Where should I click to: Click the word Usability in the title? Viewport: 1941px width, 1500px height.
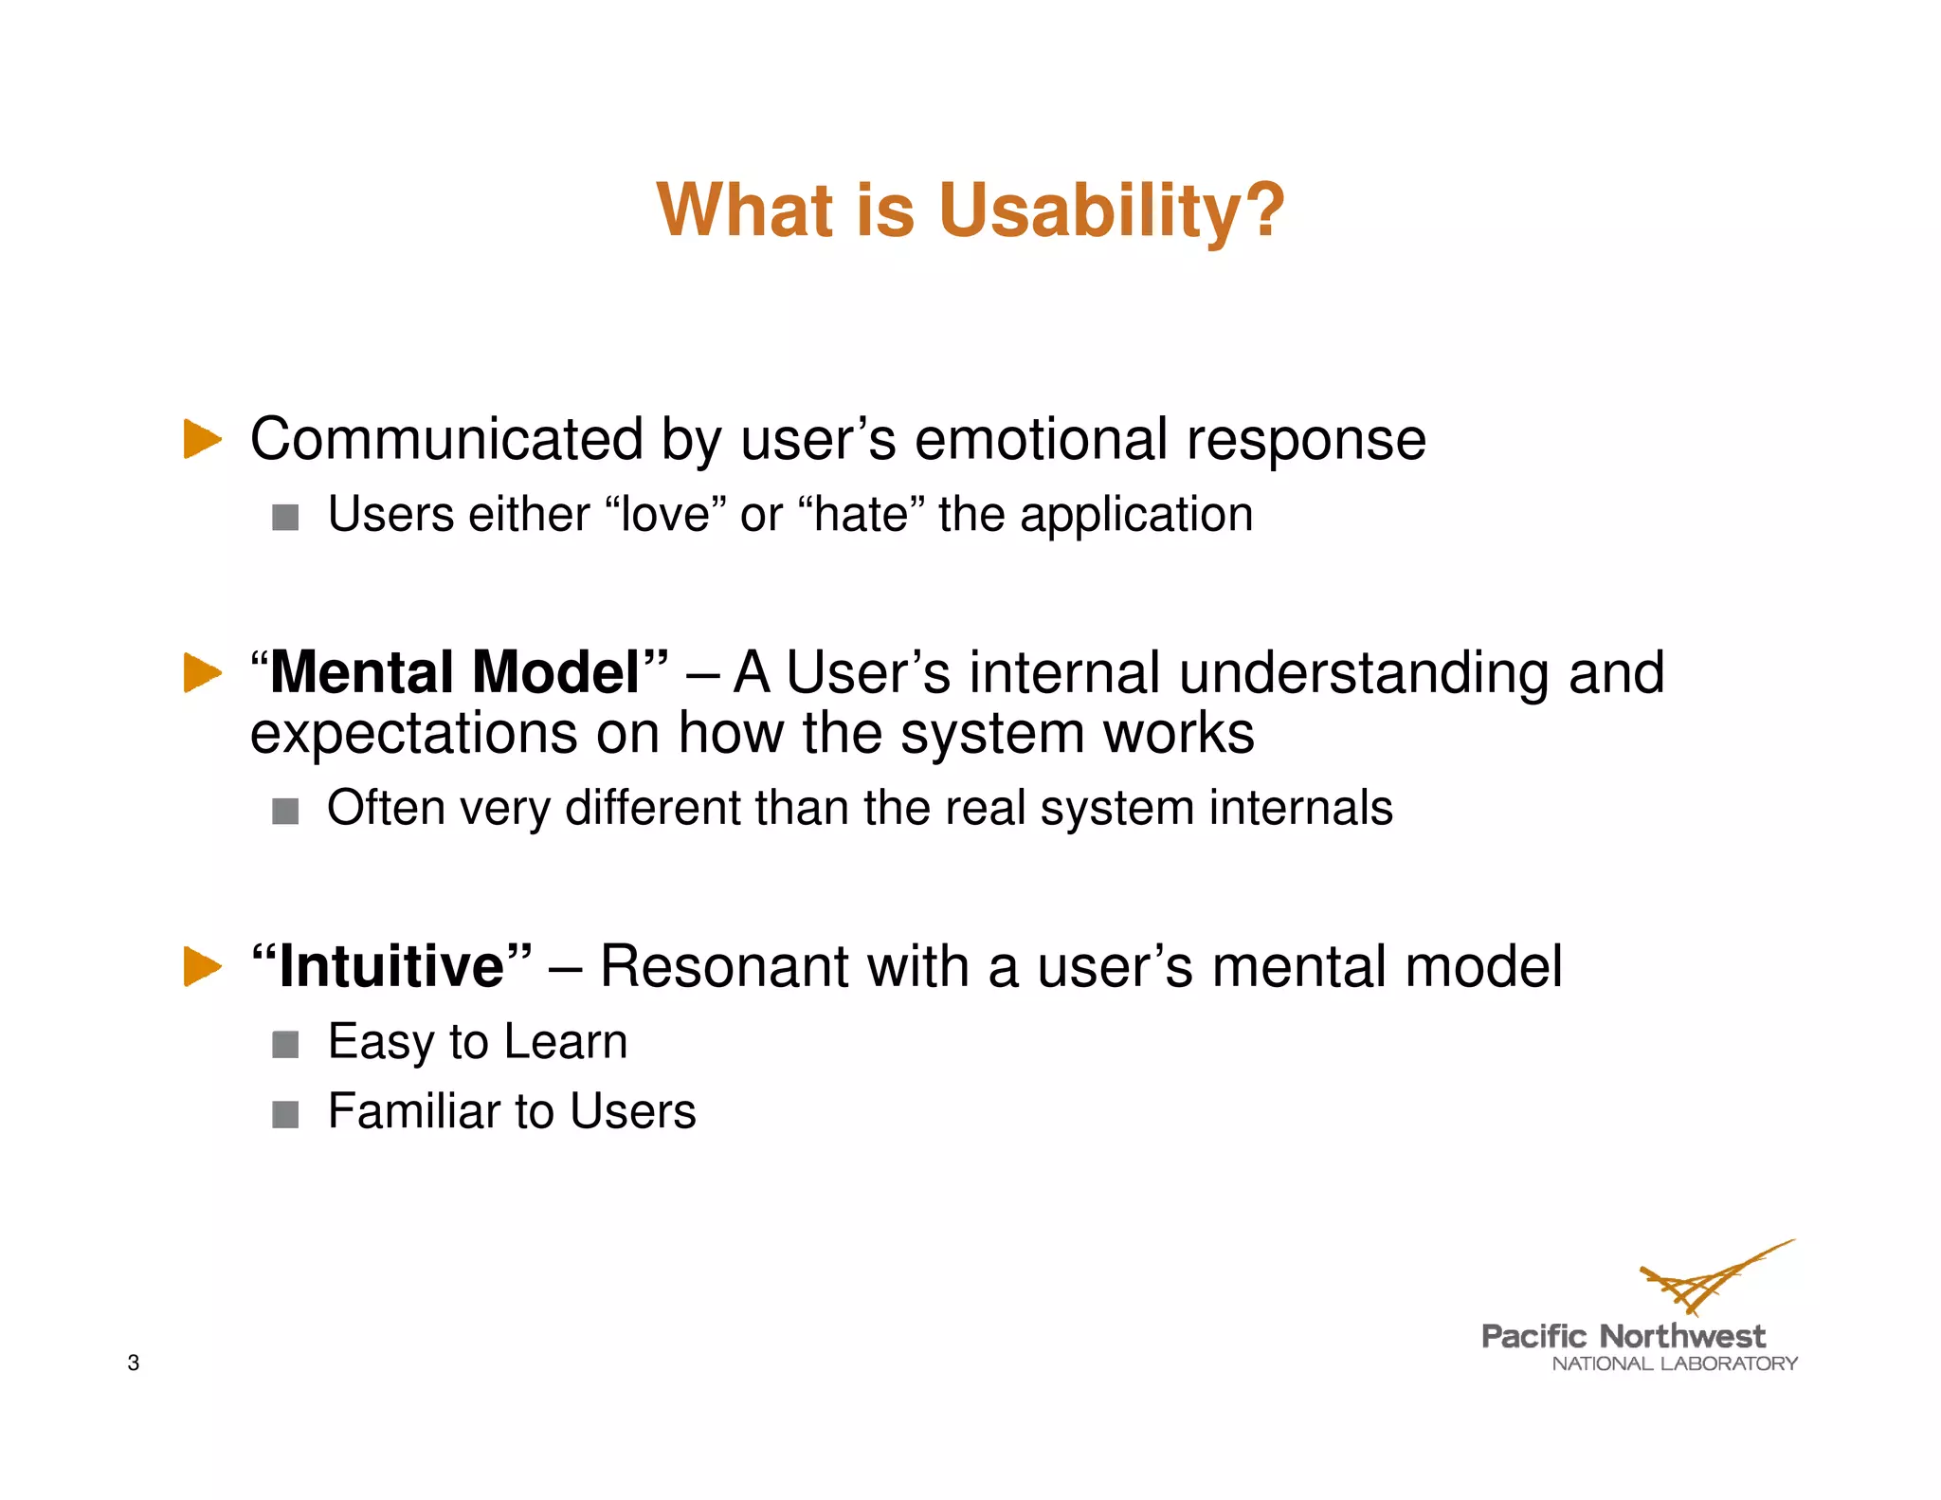[x=1111, y=210]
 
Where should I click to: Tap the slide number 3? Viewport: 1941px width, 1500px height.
[x=134, y=1363]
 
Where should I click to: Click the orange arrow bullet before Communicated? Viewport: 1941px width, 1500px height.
[x=201, y=439]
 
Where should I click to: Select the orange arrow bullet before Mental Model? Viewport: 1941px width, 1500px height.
[x=201, y=672]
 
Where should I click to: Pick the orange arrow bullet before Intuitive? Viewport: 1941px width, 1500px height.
[x=201, y=966]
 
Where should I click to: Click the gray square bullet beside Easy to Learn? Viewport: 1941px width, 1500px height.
[x=285, y=1045]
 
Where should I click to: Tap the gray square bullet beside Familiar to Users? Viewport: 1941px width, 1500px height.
[x=285, y=1114]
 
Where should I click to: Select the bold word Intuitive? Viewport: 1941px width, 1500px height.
[x=391, y=966]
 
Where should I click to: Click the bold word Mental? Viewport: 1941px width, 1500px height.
[x=362, y=672]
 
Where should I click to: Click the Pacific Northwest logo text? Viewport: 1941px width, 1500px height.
[x=1623, y=1337]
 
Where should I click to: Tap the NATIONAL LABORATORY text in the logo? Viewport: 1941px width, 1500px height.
[x=1674, y=1364]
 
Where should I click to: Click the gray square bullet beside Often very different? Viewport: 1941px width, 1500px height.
[x=285, y=812]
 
